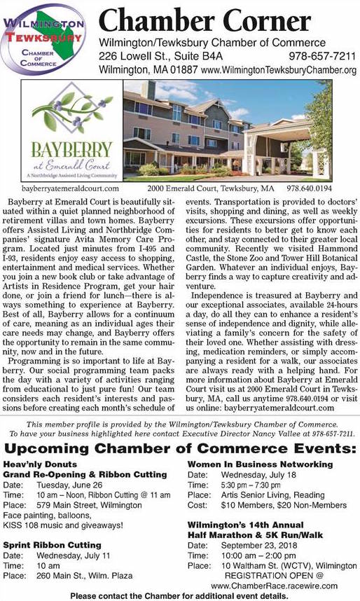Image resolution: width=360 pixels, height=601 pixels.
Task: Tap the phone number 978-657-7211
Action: coord(322,56)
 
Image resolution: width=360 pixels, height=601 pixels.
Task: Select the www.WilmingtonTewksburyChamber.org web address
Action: coord(279,71)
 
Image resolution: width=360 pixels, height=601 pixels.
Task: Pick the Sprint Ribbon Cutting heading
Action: coord(53,544)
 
